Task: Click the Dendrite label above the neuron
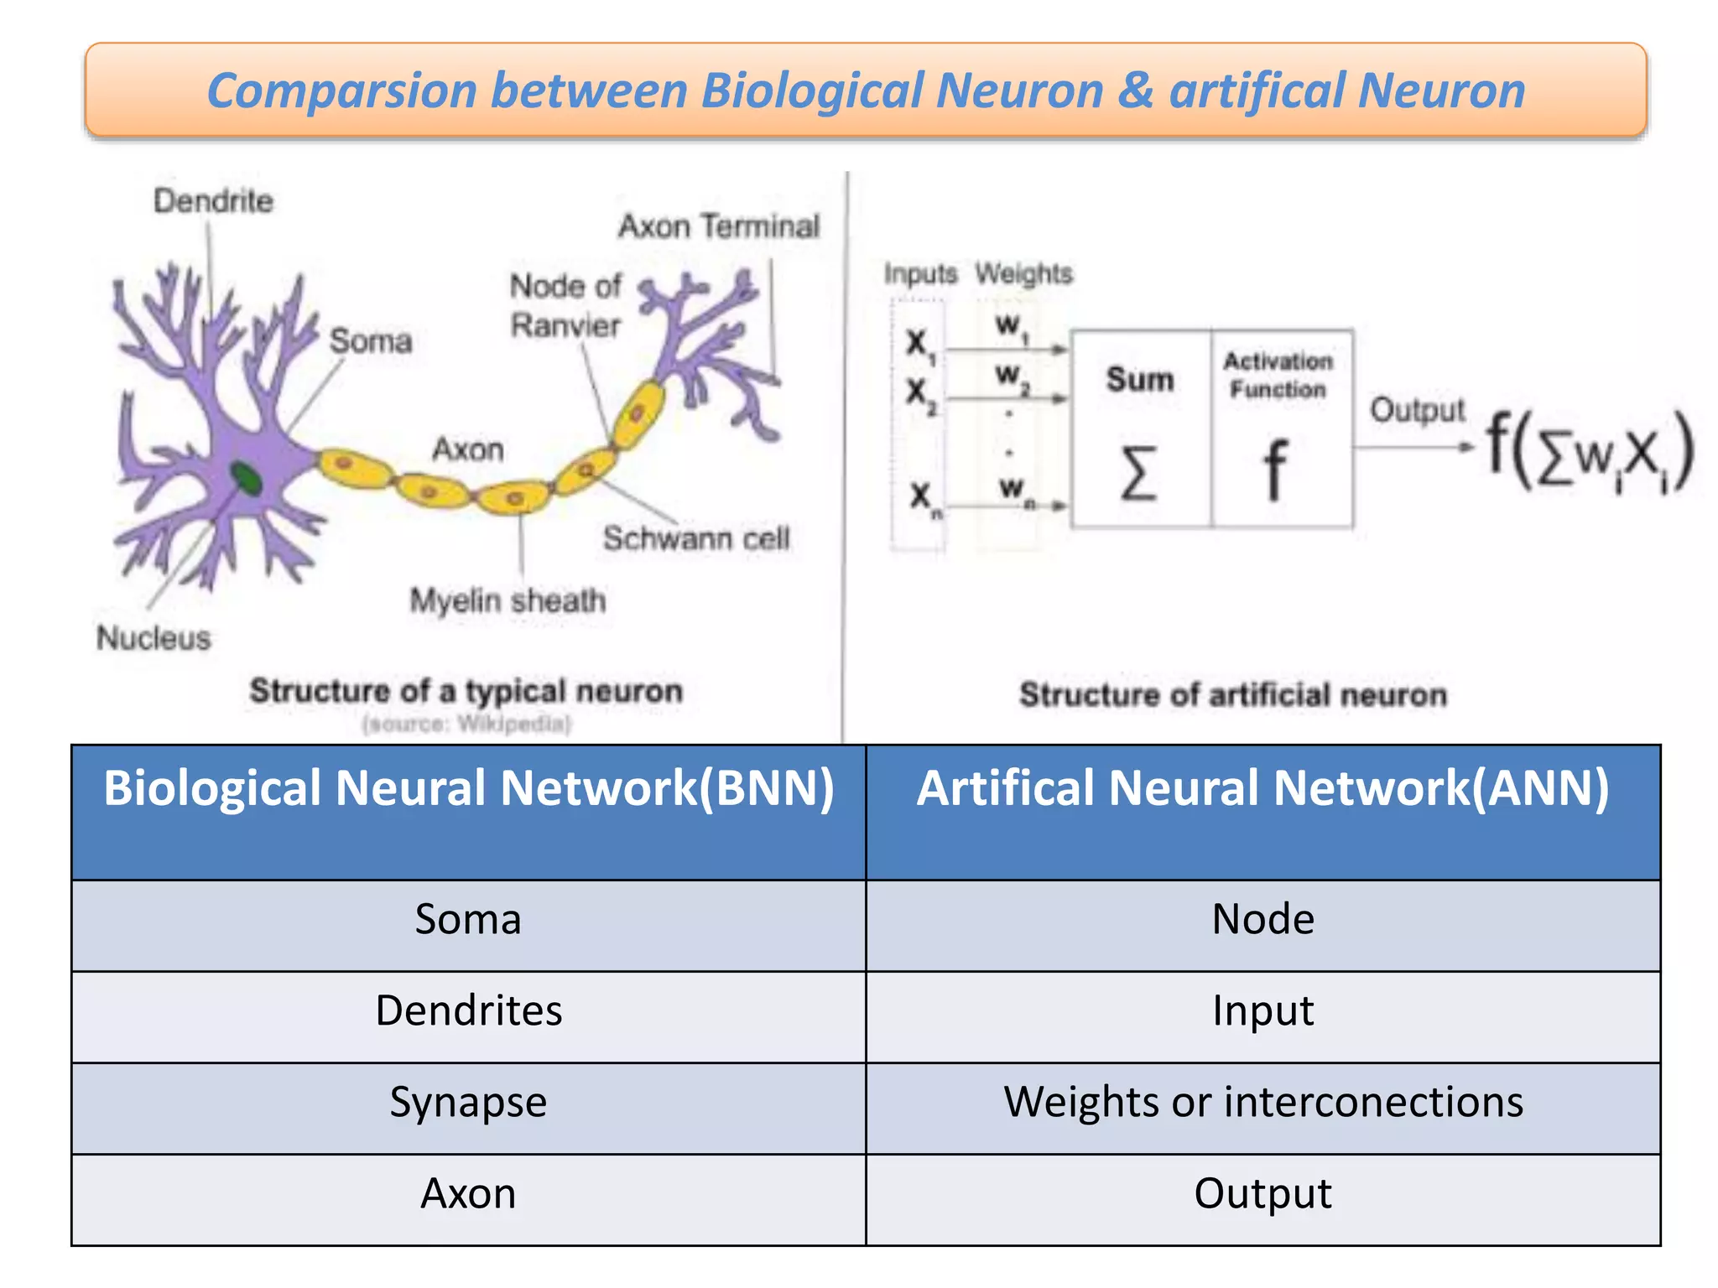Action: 213,201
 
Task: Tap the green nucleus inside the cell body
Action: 246,478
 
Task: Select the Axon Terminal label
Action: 718,226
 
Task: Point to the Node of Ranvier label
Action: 565,305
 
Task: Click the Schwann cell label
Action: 695,538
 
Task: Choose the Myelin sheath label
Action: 508,600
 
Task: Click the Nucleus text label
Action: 154,638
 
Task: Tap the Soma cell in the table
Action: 468,919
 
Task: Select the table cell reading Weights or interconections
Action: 1262,1101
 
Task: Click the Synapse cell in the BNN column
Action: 468,1101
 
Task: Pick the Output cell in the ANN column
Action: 1262,1192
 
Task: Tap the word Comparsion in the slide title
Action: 341,91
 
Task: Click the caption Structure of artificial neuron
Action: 1233,695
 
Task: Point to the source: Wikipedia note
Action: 466,724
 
